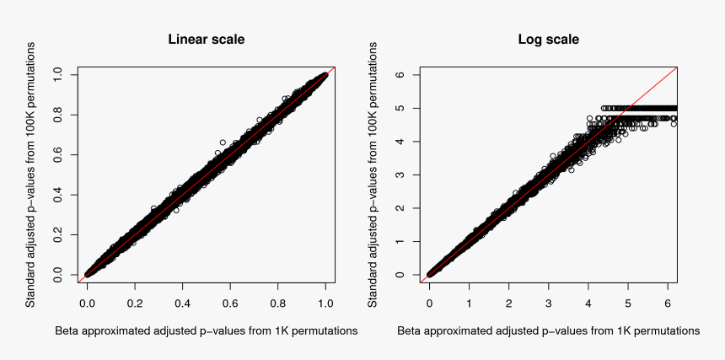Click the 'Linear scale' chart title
pyautogui.click(x=207, y=40)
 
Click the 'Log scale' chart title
pyautogui.click(x=548, y=40)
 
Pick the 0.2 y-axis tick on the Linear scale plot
pyautogui.click(x=56, y=235)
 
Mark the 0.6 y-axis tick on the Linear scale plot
pyautogui.click(x=56, y=155)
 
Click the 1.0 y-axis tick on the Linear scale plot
pyautogui.click(x=56, y=75)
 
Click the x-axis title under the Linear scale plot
pyautogui.click(x=207, y=331)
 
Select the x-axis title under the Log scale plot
pyautogui.click(x=548, y=331)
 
